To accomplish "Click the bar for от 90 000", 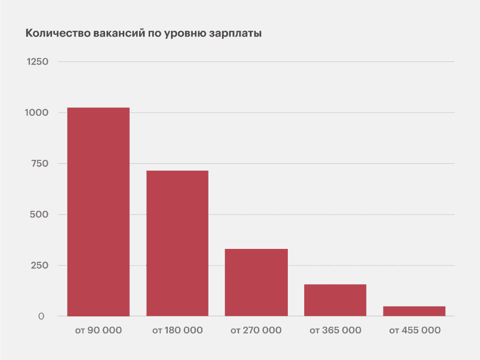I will (98, 212).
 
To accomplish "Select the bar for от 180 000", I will (177, 243).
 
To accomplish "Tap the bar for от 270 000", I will (256, 282).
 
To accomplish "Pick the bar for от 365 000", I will (335, 300).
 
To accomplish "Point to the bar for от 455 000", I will (414, 311).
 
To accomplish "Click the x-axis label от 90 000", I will (98, 330).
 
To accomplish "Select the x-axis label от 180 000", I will (177, 330).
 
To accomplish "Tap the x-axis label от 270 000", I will (256, 330).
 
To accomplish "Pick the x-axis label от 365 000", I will (335, 330).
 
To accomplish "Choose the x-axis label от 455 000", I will (414, 330).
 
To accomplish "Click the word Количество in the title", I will (52, 34).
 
